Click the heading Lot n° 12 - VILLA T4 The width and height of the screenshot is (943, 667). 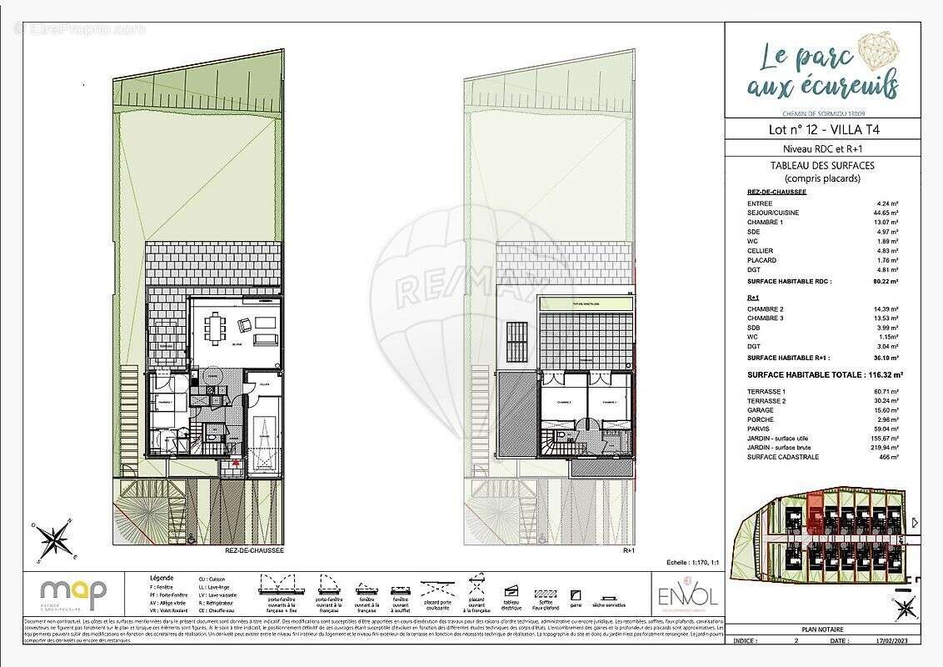823,130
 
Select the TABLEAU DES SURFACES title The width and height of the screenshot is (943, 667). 822,166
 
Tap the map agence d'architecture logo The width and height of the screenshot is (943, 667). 74,594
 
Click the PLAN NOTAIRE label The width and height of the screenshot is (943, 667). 822,629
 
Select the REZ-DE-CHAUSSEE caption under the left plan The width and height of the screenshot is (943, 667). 254,551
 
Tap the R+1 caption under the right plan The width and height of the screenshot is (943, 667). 629,551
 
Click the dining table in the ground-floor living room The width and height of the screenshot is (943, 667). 217,328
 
